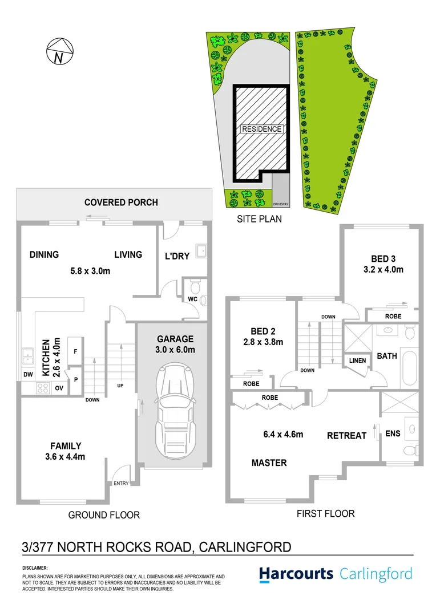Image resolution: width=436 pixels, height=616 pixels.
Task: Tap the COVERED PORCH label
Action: coord(121,202)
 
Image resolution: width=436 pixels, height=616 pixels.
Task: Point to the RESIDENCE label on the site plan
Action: coord(262,129)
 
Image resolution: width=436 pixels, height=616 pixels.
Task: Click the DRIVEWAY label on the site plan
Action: coord(281,203)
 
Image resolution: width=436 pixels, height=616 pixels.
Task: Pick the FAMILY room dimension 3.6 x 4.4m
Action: coord(64,456)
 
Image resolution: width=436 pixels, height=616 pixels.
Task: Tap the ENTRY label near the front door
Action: coord(122,484)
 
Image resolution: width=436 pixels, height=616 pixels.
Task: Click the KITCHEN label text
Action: coord(46,357)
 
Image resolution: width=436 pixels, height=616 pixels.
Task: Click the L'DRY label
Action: coord(177,256)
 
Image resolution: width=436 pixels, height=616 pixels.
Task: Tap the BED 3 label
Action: coord(382,258)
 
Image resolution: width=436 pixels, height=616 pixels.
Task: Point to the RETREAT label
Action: coord(346,436)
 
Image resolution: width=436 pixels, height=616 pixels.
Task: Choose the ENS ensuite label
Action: coord(393,433)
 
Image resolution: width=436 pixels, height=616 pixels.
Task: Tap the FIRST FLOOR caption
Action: coord(325,514)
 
